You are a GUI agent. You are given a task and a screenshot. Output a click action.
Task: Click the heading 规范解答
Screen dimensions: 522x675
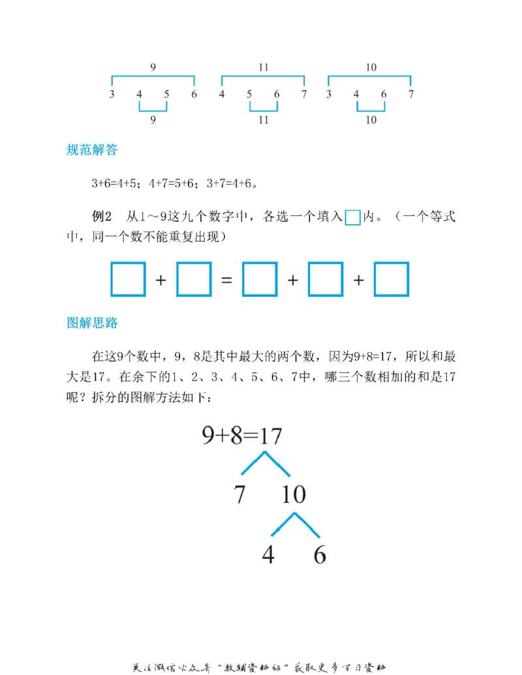point(92,150)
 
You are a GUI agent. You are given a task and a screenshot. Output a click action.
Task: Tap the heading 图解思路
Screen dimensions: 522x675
point(92,323)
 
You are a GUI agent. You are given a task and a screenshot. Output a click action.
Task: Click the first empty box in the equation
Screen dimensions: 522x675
point(129,279)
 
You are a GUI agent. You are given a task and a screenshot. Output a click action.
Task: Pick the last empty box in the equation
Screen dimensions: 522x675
point(391,279)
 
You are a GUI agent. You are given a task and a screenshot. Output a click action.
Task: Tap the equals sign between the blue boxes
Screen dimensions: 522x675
point(226,280)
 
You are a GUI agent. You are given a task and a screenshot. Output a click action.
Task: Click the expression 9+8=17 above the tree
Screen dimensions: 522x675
point(241,436)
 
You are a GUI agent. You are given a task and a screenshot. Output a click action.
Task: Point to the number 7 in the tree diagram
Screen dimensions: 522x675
point(239,496)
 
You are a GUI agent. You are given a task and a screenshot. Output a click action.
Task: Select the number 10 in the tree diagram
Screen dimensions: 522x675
point(294,496)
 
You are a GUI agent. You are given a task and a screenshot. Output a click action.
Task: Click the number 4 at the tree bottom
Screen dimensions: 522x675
point(268,554)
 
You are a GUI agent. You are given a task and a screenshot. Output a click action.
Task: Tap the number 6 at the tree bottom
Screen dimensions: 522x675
point(320,554)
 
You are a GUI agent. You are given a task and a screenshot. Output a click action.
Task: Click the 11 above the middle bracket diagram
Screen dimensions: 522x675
point(263,67)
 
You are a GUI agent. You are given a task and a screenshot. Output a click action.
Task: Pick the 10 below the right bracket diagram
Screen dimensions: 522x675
point(370,120)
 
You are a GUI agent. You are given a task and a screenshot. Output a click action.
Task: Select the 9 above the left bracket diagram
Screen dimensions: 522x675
point(153,67)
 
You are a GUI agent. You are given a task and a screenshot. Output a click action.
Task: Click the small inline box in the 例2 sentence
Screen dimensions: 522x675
point(352,218)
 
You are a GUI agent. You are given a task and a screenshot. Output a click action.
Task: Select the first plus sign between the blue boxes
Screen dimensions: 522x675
point(161,280)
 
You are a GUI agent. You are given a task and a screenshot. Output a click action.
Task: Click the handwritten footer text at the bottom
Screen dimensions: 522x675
point(261,667)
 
